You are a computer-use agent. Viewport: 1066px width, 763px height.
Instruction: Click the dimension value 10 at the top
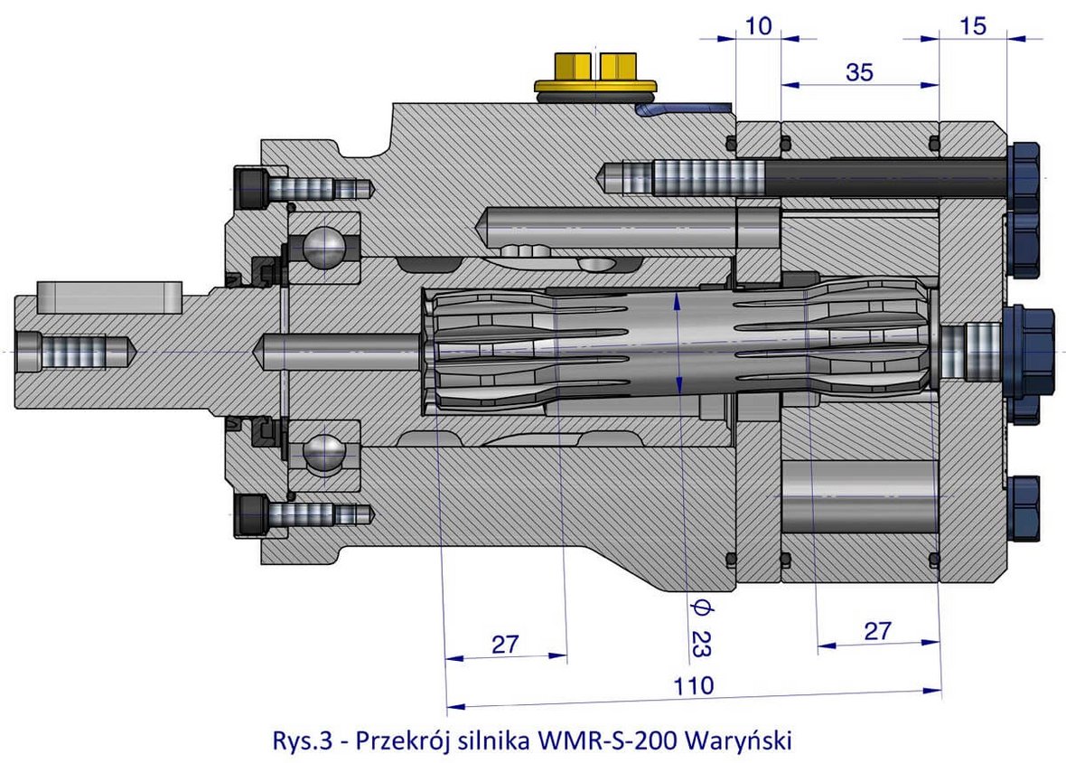click(759, 27)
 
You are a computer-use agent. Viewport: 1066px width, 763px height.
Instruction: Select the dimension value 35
click(859, 73)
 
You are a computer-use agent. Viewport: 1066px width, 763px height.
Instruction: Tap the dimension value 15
click(973, 27)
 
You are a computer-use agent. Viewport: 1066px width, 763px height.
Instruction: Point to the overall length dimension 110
click(693, 684)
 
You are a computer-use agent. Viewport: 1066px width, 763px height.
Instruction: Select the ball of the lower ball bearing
click(324, 451)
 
